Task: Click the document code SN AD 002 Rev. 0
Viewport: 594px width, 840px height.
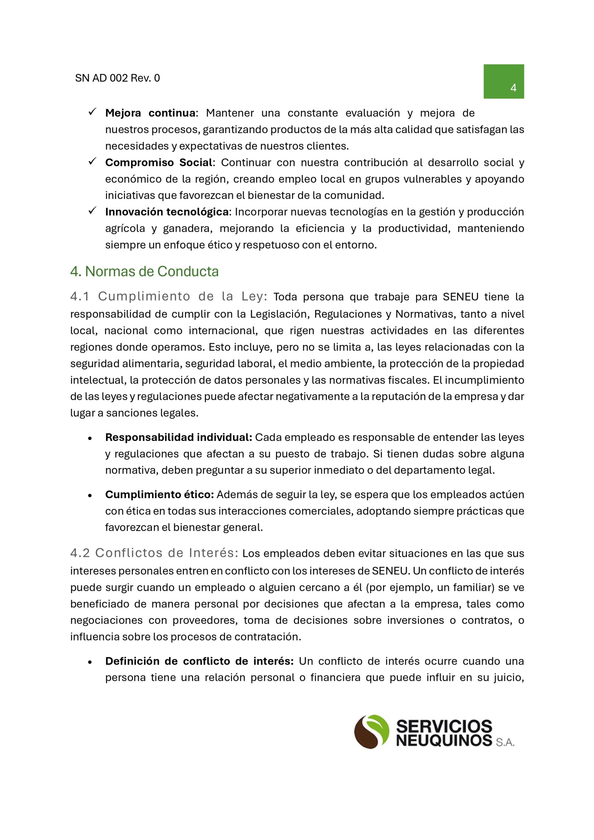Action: coord(117,78)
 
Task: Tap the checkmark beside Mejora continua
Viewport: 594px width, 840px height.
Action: coord(92,112)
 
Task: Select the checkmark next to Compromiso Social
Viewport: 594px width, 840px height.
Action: coord(92,161)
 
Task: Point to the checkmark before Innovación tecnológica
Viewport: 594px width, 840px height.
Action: coord(92,210)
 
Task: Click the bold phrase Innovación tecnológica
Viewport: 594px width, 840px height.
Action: coord(166,212)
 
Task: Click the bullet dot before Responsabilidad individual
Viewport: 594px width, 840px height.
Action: coord(90,438)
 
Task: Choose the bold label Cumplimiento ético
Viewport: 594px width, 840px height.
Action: coord(159,494)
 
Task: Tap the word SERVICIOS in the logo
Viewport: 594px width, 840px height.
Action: coord(444,726)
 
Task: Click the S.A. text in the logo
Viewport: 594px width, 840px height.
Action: coord(505,742)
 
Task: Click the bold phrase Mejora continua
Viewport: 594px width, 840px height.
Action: coord(150,113)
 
